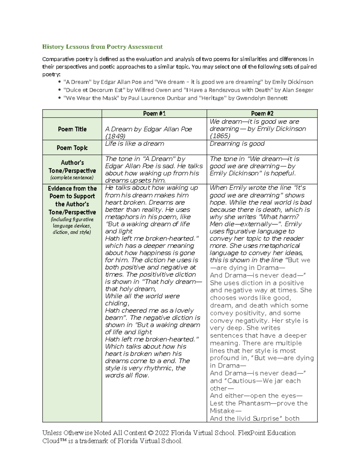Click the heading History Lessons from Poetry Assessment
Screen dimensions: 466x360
click(x=102, y=47)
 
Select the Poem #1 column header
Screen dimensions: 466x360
click(x=154, y=113)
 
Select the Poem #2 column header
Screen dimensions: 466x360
click(x=262, y=113)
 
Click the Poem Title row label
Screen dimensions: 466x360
click(x=72, y=129)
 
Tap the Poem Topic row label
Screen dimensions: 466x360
click(x=72, y=148)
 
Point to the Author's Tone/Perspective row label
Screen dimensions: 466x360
click(x=72, y=167)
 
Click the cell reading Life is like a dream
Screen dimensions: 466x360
click(x=134, y=144)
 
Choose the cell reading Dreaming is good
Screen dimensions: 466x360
click(x=237, y=144)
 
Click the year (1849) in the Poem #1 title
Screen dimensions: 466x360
click(x=115, y=136)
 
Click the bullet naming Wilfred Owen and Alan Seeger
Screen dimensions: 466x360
click(x=188, y=90)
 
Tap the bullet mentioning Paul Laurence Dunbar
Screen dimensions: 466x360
click(x=175, y=98)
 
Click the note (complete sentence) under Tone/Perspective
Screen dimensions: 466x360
click(x=72, y=178)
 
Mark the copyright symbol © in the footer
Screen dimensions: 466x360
click(x=151, y=433)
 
